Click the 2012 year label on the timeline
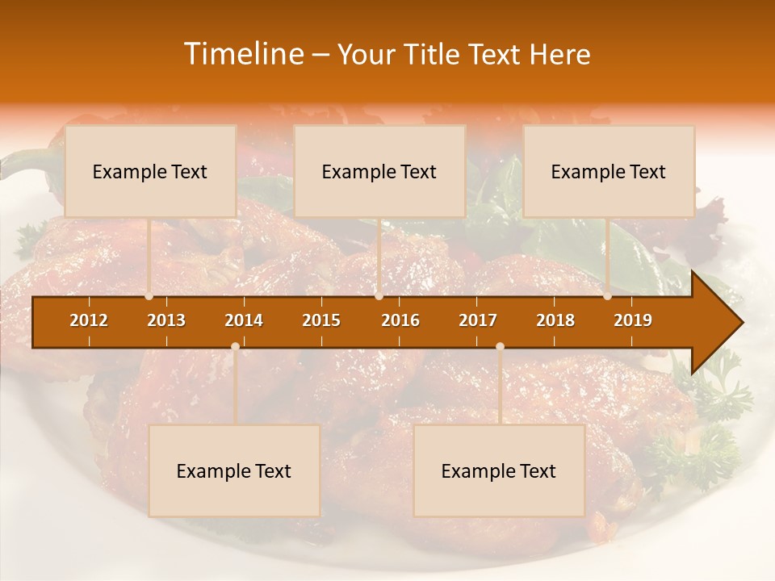[89, 320]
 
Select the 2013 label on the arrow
[166, 320]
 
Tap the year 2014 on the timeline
[244, 320]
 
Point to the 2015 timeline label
[321, 320]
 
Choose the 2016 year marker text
[400, 320]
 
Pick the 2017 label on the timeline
[478, 320]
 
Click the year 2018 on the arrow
[555, 320]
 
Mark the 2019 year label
[633, 320]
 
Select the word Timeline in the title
[242, 54]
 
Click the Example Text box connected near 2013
[150, 171]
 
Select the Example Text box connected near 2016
[379, 171]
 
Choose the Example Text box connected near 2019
[609, 171]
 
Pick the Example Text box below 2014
[234, 470]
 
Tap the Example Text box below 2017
[499, 470]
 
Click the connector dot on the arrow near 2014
[235, 346]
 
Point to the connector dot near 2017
[500, 346]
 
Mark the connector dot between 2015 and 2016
[379, 296]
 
